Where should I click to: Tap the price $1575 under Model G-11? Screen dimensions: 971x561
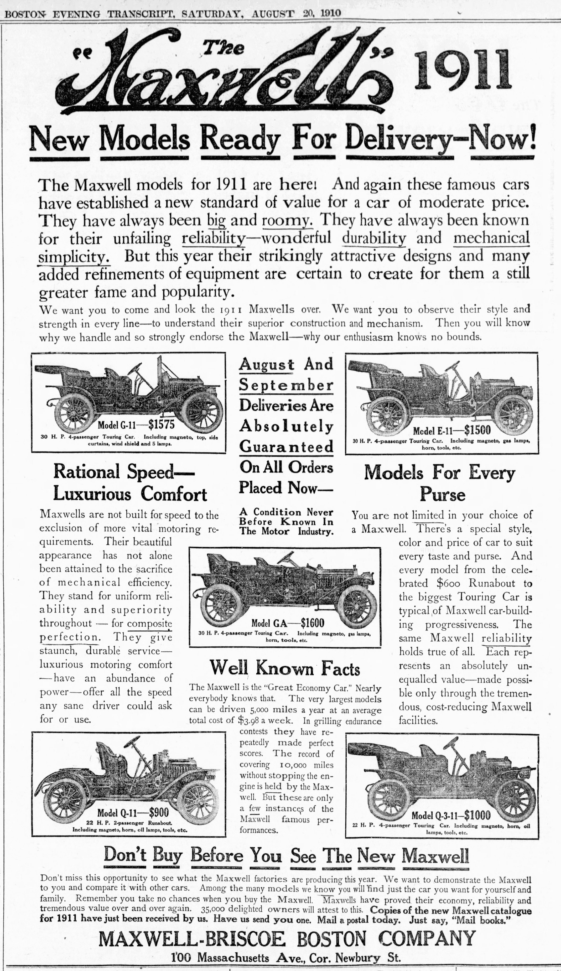coord(162,425)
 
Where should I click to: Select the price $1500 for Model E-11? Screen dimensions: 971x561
coord(477,430)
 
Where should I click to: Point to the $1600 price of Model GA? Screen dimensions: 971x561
coord(312,623)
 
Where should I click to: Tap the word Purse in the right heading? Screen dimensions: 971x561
coord(442,494)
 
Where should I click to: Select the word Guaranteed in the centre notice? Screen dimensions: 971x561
coord(286,446)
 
